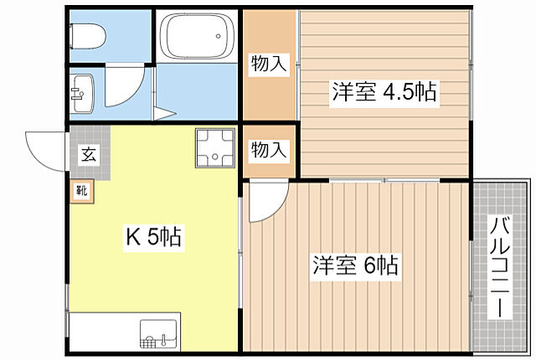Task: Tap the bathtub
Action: click(x=196, y=39)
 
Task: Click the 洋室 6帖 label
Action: click(x=356, y=266)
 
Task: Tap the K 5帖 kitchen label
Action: click(x=153, y=239)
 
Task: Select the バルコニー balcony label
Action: click(x=501, y=266)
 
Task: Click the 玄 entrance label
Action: click(x=88, y=153)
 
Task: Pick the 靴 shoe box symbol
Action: click(x=82, y=189)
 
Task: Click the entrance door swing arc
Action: click(x=44, y=149)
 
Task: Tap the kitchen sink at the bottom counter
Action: click(x=158, y=335)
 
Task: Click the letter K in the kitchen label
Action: click(x=131, y=239)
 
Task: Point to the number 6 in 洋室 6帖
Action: click(x=369, y=266)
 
